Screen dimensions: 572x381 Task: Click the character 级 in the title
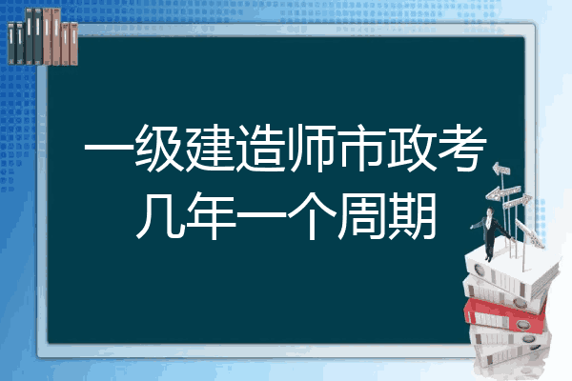[160, 149]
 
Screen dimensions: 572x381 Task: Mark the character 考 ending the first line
[462, 149]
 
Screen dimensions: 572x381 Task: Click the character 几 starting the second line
[160, 216]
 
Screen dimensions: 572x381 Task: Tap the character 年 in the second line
[211, 216]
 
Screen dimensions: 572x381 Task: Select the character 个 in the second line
[311, 216]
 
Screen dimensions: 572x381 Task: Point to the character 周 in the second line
[361, 216]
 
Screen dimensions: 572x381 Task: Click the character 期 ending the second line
[412, 216]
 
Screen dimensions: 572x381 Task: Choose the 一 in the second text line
[261, 216]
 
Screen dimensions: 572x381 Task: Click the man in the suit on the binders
[491, 232]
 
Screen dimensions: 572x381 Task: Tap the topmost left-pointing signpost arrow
[501, 169]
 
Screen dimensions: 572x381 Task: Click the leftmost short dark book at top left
[11, 43]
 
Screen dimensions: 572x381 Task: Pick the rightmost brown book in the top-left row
[73, 44]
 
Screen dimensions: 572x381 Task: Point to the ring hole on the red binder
[522, 324]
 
